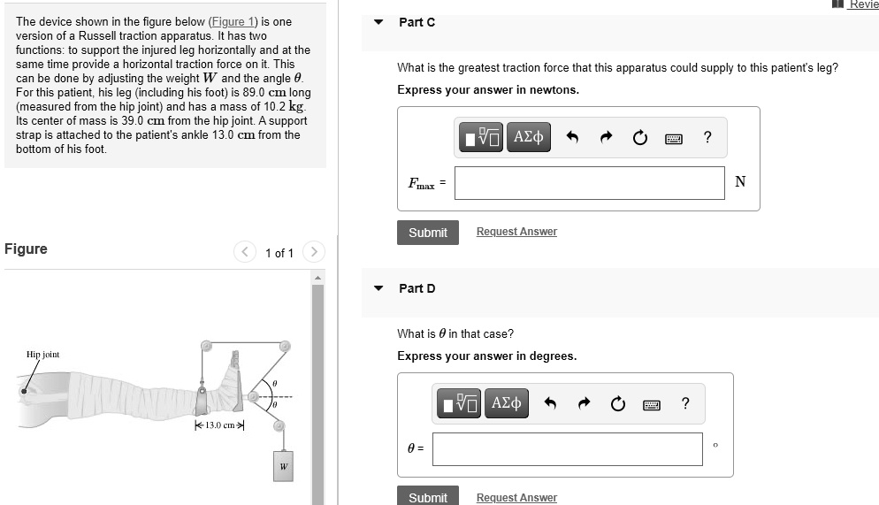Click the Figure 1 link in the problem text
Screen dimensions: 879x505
[232, 22]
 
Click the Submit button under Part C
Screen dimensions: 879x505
[428, 233]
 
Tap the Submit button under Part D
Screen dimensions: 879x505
[428, 496]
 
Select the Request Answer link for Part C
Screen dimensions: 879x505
[516, 232]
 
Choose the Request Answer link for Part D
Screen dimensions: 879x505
[516, 497]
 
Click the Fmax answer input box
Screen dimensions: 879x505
[589, 183]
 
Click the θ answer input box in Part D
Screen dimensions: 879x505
[568, 449]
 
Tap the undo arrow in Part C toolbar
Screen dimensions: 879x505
[572, 137]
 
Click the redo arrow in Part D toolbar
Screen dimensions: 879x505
[585, 403]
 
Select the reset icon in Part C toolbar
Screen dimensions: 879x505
[639, 137]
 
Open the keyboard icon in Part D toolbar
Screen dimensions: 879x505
[652, 405]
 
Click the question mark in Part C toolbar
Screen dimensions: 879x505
[707, 137]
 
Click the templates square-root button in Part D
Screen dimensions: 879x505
[459, 403]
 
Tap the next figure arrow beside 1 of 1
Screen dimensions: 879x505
[314, 252]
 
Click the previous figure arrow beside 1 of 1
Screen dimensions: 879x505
[244, 252]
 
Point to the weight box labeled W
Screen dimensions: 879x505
[283, 466]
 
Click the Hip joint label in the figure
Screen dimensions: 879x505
[42, 355]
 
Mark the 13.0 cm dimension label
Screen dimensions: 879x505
[219, 425]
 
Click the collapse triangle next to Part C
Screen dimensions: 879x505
[379, 22]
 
